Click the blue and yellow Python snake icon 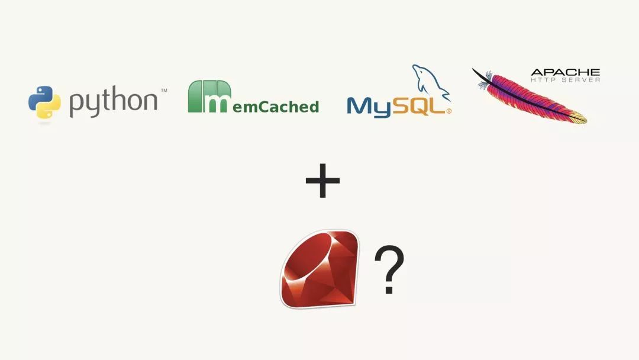click(x=44, y=102)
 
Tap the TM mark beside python click(x=164, y=90)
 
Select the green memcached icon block click(x=209, y=97)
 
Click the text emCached click(x=276, y=107)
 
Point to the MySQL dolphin click(x=431, y=82)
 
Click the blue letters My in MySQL click(x=369, y=107)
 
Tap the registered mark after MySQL click(x=448, y=111)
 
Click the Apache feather click(x=530, y=96)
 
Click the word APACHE click(x=565, y=73)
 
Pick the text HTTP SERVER click(x=565, y=80)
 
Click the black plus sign click(x=323, y=181)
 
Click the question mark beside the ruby click(x=389, y=269)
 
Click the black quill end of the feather click(x=481, y=76)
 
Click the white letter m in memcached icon click(x=218, y=103)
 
